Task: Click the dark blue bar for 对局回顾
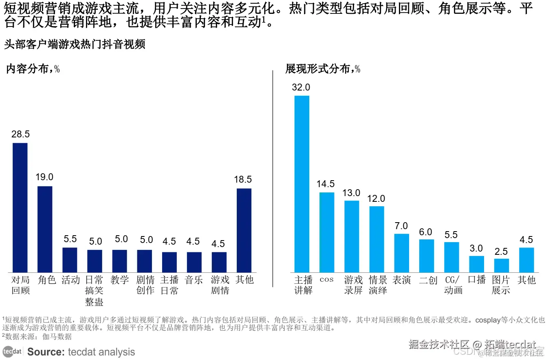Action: coord(20,208)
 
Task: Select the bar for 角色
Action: coord(45,229)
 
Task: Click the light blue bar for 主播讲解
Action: coord(302,184)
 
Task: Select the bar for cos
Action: coord(327,232)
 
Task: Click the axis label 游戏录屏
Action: coord(353,285)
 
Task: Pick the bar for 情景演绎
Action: coord(377,239)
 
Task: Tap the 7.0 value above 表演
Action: coord(401,226)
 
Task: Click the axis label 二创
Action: coord(428,280)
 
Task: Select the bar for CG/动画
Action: coord(451,257)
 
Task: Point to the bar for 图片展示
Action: coord(502,265)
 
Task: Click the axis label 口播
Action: coord(477,280)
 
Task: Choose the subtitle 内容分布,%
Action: coord(33,69)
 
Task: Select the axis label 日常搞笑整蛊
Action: coord(94,291)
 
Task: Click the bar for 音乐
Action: coord(194,262)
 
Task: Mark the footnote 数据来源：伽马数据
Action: coord(37,337)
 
